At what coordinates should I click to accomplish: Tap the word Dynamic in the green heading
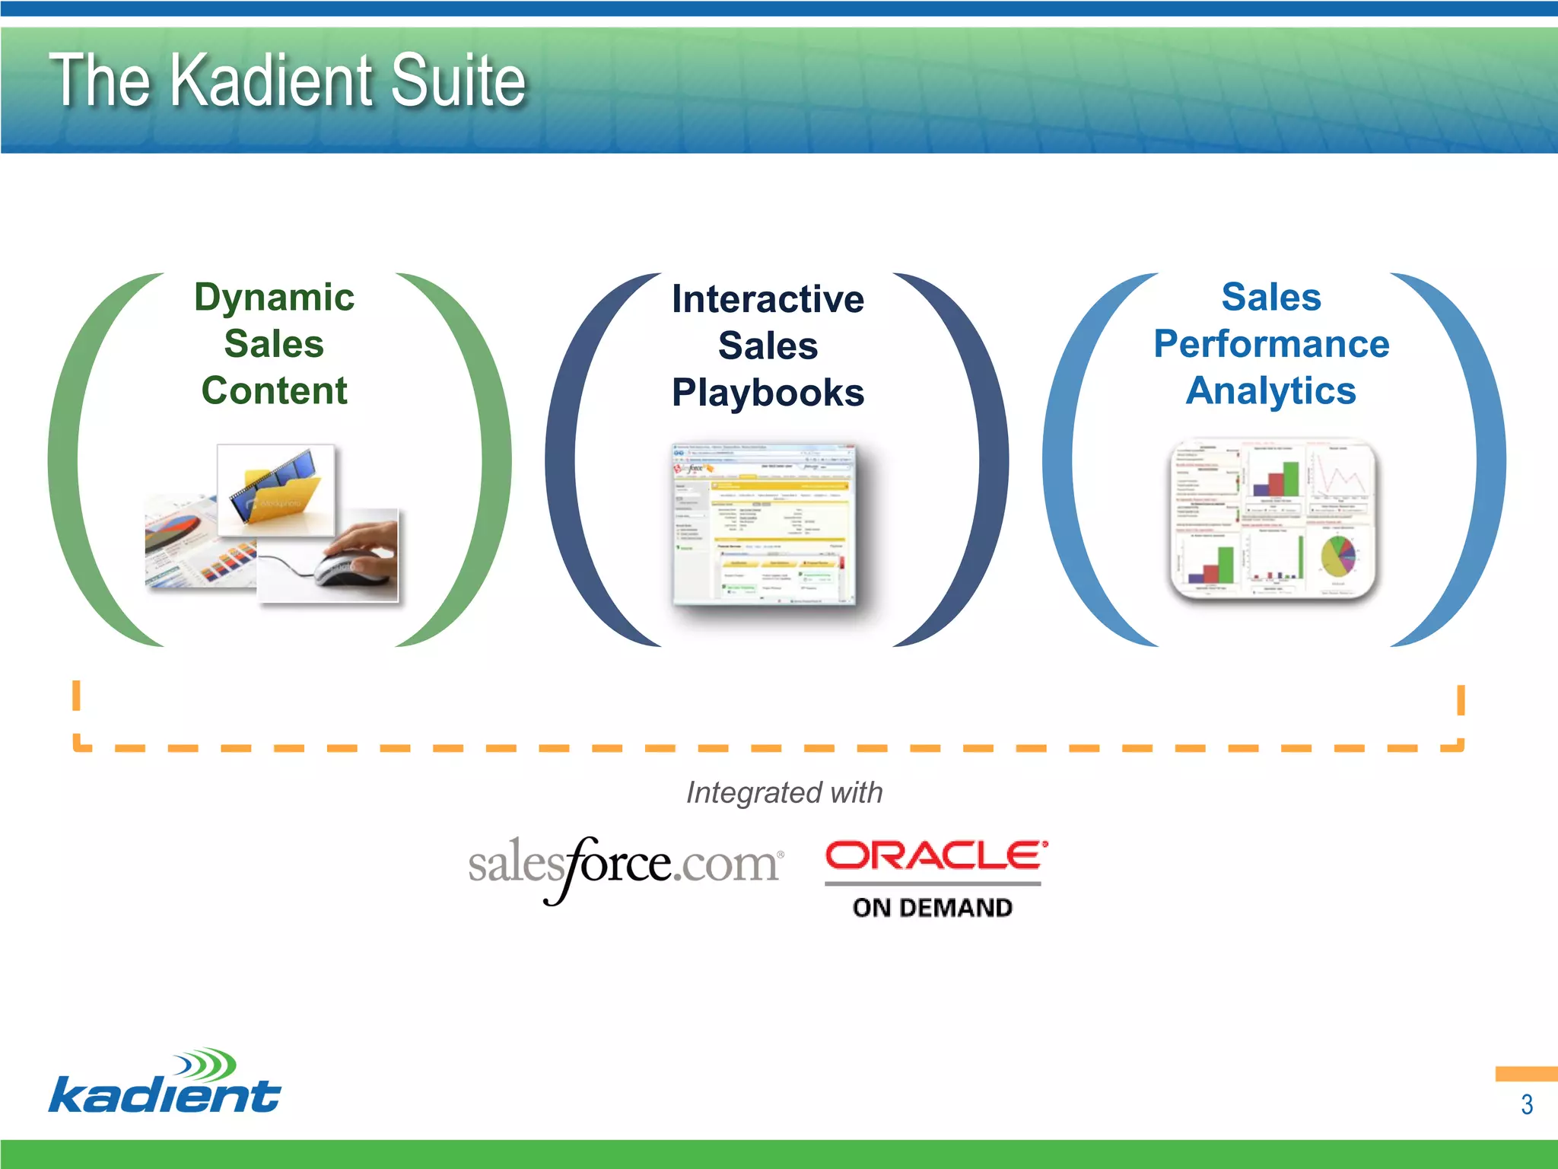point(274,297)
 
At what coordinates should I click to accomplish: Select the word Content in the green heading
point(274,390)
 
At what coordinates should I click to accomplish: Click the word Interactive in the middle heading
point(768,298)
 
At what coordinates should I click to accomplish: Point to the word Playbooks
point(768,393)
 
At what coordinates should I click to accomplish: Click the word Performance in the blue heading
point(1271,343)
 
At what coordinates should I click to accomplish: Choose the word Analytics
point(1271,390)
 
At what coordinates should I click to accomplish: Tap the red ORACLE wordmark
point(936,855)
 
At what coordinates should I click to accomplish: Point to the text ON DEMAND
point(933,907)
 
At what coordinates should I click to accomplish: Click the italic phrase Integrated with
point(784,792)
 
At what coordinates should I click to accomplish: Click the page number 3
point(1526,1104)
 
